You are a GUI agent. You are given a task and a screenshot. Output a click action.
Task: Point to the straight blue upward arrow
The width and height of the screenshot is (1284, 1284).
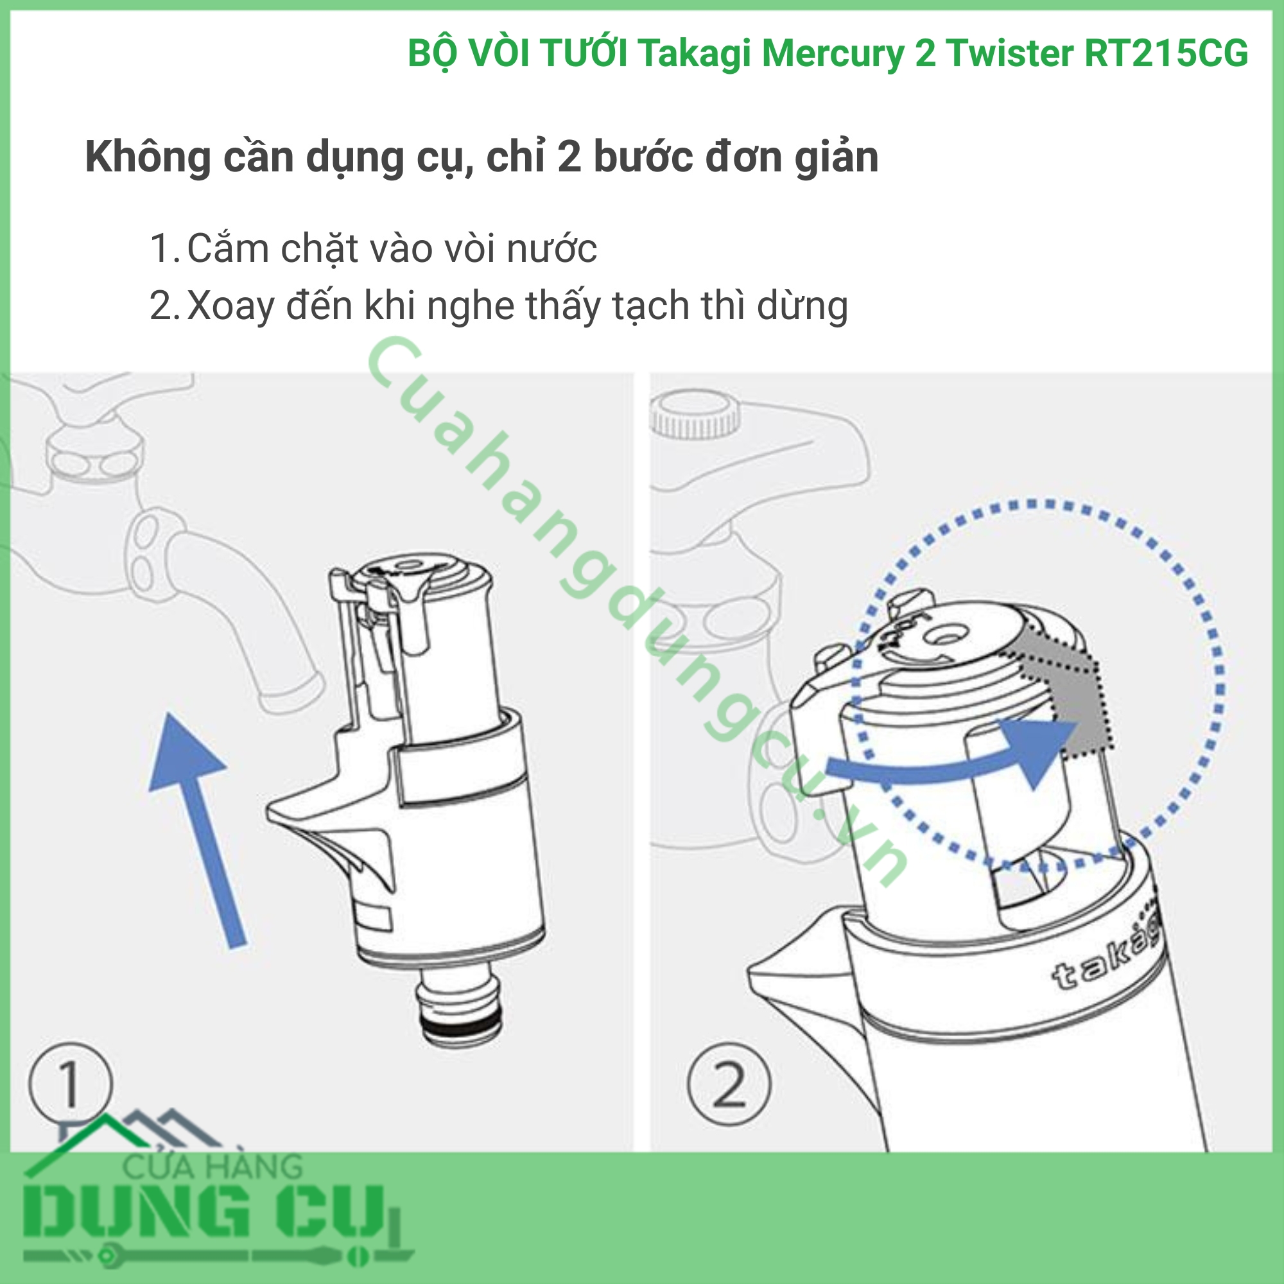tap(196, 830)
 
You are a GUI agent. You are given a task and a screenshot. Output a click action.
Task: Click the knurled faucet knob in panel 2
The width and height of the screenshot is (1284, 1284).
tap(695, 416)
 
